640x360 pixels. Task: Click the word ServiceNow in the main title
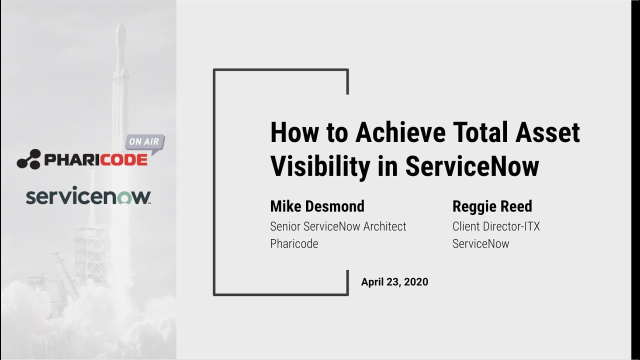pos(472,167)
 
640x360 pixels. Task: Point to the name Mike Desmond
pos(317,206)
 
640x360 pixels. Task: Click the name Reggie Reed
pos(492,206)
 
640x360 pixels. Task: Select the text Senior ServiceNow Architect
pos(338,226)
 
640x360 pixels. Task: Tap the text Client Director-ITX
pos(496,226)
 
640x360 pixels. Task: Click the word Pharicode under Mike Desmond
pos(294,244)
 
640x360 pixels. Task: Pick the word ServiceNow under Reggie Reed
pos(480,244)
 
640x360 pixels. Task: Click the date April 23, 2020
pos(394,282)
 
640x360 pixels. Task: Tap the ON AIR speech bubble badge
pos(144,142)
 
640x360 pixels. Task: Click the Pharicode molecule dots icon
pos(28,158)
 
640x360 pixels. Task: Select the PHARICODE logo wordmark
pos(95,160)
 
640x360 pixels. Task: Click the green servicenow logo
pos(88,196)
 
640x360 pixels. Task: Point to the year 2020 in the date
pos(416,282)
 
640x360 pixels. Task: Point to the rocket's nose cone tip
pos(121,25)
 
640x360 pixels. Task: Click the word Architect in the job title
pos(384,226)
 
